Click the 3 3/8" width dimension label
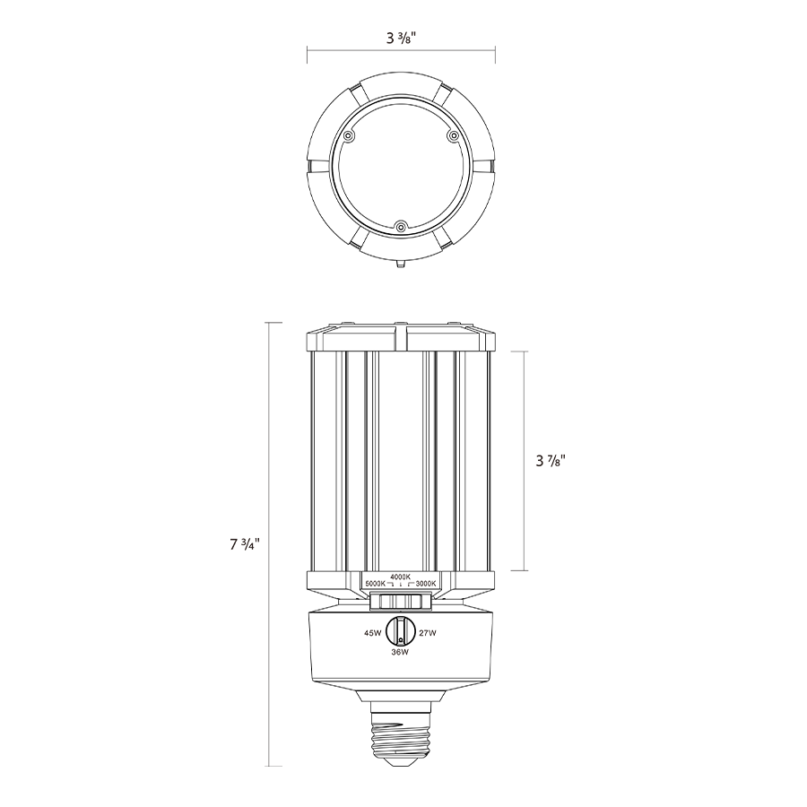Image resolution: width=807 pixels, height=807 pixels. coord(401,38)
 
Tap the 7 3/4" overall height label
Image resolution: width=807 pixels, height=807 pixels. coord(245,544)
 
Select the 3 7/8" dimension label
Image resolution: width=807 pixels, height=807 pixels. coord(551,461)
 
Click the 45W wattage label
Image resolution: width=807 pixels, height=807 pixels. coord(373,633)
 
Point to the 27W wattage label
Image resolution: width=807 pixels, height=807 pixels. coord(427,633)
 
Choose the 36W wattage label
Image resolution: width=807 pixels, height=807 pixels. coord(400,652)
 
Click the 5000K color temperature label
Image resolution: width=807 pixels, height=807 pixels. coord(375,584)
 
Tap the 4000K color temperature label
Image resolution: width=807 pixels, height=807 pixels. coord(401,577)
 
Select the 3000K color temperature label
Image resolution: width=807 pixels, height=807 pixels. coord(426,584)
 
